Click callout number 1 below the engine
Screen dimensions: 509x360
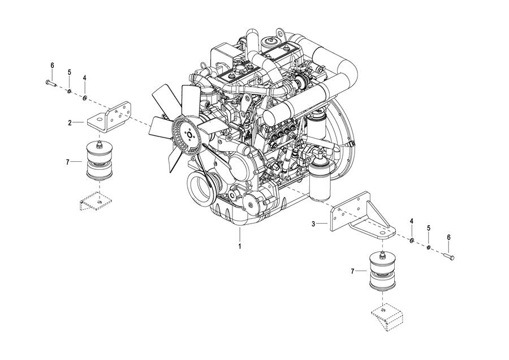tap(240, 246)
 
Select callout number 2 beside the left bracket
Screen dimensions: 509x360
tap(70, 123)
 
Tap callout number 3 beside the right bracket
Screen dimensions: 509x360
tap(313, 224)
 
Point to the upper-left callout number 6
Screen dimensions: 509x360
tap(52, 65)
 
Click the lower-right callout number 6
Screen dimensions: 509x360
tap(449, 238)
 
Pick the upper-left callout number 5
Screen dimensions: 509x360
tap(69, 72)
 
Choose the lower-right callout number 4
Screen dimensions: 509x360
tap(412, 221)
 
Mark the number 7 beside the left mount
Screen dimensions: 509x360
tap(67, 161)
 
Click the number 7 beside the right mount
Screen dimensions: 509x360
tap(352, 271)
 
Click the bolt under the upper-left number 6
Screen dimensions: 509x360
tap(51, 84)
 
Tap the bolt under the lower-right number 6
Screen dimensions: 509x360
tap(448, 256)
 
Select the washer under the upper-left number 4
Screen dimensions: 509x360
tap(85, 98)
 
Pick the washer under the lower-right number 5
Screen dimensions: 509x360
tap(428, 248)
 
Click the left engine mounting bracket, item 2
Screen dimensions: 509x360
tap(110, 117)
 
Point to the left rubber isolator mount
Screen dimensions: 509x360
tap(100, 161)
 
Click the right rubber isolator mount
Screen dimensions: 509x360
tap(383, 271)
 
